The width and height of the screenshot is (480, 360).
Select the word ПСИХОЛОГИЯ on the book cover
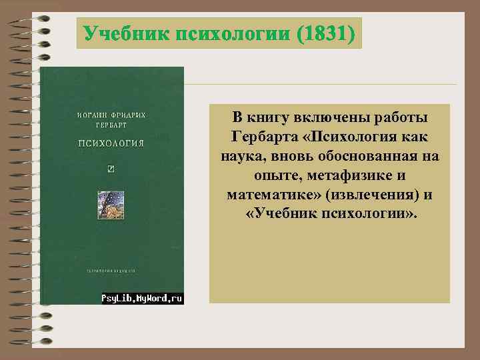pos(111,143)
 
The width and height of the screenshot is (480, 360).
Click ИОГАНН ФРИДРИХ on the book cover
pos(111,115)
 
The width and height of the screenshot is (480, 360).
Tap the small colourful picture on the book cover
pos(111,203)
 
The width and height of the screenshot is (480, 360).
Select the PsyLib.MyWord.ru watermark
pos(141,299)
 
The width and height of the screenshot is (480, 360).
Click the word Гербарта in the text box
pos(263,137)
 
